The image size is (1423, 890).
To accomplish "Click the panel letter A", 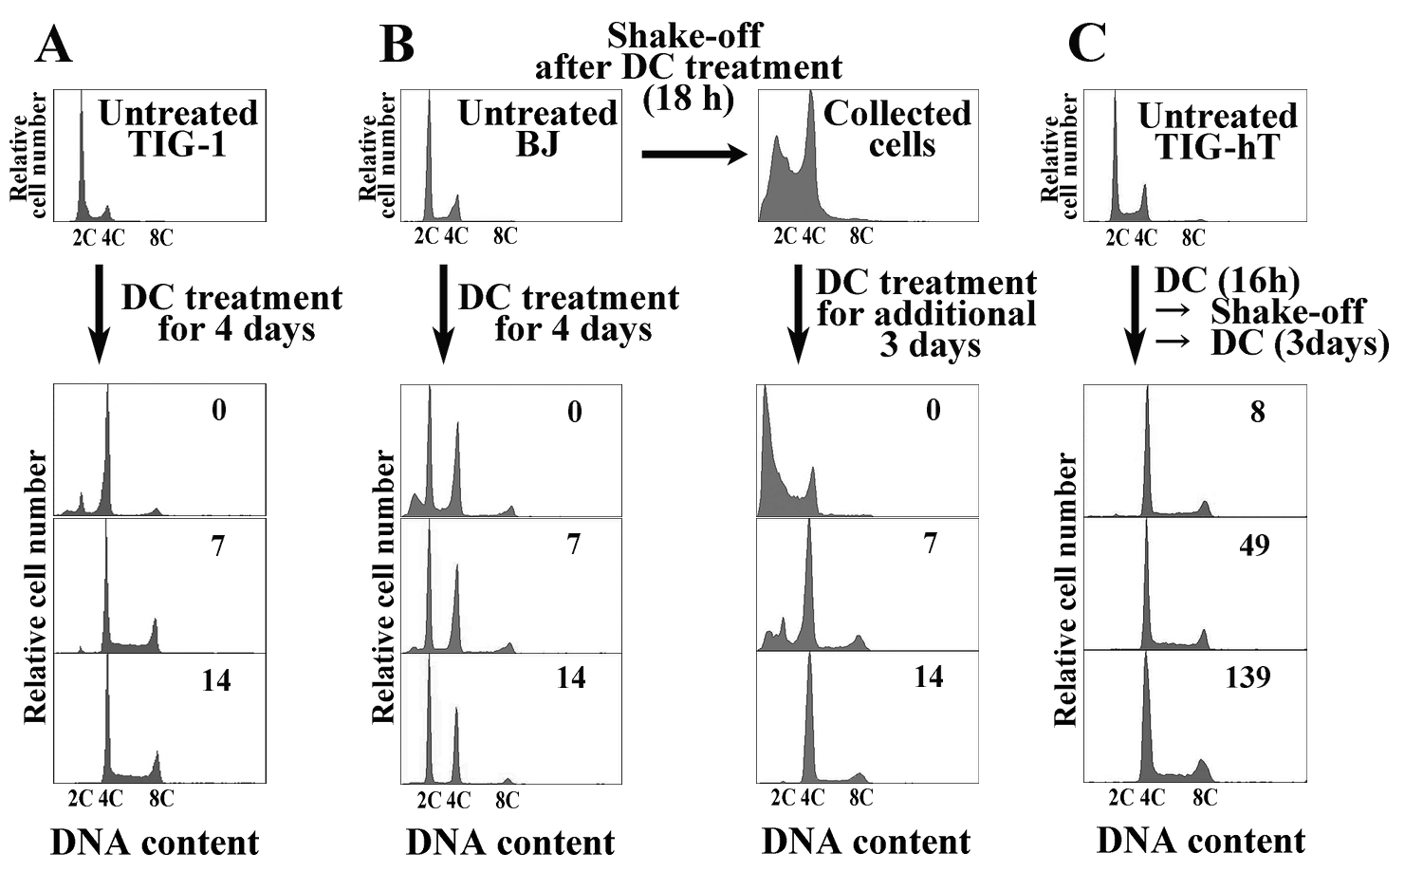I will (x=53, y=45).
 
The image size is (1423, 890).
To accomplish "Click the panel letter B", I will (x=397, y=45).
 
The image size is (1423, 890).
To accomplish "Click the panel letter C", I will (x=1086, y=45).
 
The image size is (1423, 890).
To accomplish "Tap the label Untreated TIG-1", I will (x=178, y=128).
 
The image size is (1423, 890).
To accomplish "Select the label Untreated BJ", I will (x=537, y=128).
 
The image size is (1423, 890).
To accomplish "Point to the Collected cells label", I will (x=897, y=128).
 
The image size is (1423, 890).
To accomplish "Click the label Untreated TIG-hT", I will (x=1217, y=131).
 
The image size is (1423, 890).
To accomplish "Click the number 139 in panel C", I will (x=1247, y=677).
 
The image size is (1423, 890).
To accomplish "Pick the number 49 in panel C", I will (x=1253, y=546).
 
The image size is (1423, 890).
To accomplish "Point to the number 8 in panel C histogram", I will (x=1257, y=412).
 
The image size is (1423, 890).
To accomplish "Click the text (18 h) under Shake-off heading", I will (x=689, y=99).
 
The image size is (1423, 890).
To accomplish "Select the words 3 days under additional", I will (x=929, y=344).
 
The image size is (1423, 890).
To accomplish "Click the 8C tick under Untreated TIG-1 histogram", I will (x=161, y=237).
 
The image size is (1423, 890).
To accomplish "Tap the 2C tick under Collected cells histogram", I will (x=784, y=235).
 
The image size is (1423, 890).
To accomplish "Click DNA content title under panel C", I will (x=1201, y=841).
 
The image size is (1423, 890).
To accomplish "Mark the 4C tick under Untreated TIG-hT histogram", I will (x=1145, y=237).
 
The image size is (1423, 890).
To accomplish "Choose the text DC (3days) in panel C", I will (x=1300, y=343).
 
